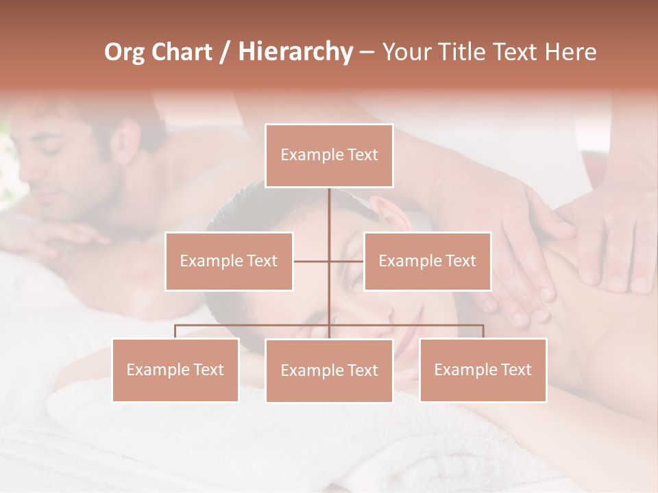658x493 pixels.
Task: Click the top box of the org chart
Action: pos(329,155)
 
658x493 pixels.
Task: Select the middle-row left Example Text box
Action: pos(229,261)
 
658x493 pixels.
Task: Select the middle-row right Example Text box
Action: pos(427,261)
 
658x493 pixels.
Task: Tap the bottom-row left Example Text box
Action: pos(175,370)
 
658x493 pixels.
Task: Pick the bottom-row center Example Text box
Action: pos(329,370)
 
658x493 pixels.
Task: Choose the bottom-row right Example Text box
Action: pos(483,370)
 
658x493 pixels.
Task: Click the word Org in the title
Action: pos(125,52)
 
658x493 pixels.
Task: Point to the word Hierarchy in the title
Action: pos(295,52)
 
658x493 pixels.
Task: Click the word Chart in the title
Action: pos(182,52)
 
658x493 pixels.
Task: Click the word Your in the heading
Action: pos(403,52)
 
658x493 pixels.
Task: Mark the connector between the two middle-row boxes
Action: pos(329,261)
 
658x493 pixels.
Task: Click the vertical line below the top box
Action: pos(329,209)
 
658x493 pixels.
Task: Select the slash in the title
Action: pos(225,52)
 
